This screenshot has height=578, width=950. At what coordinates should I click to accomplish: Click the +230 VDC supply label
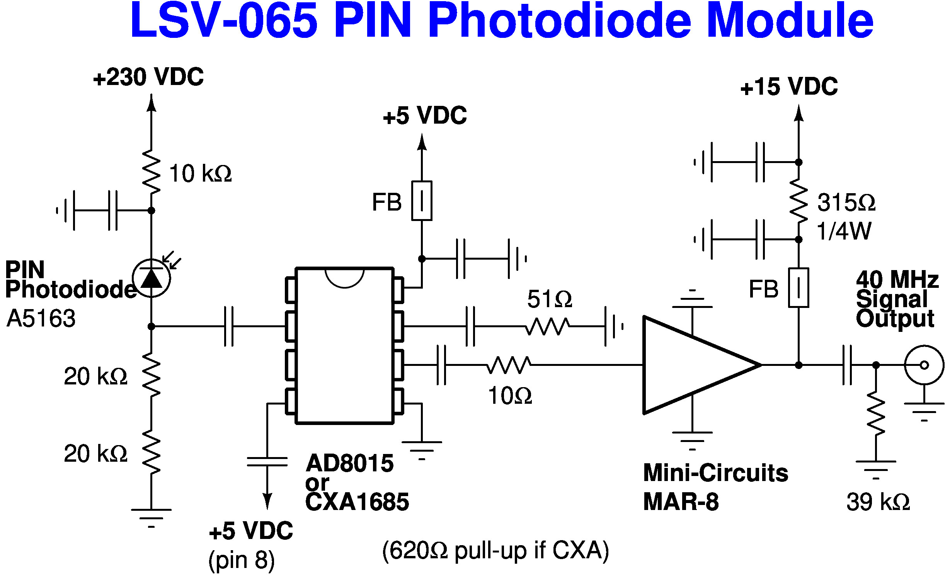[148, 77]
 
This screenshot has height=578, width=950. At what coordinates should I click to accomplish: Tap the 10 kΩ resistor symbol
[151, 172]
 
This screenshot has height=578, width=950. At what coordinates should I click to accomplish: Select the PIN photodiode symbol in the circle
[151, 278]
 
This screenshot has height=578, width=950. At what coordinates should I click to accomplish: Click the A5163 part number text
[41, 318]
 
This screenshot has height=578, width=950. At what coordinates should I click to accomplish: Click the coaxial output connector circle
[924, 365]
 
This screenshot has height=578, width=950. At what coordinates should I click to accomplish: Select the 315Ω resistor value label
[846, 202]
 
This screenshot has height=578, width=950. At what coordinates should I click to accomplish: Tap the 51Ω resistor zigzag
[547, 326]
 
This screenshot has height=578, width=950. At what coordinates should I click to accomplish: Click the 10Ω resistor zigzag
[509, 365]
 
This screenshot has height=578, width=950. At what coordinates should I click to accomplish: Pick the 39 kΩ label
[878, 502]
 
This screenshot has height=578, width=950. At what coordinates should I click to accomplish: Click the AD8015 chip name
[349, 463]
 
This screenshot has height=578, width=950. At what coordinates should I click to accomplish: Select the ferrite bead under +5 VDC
[422, 201]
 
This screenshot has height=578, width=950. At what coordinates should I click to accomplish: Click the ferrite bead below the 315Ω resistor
[798, 287]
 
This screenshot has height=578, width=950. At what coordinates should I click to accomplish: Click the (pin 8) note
[242, 560]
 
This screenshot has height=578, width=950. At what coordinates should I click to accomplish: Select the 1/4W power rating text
[844, 231]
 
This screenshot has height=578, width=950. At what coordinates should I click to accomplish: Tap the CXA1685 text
[357, 502]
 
